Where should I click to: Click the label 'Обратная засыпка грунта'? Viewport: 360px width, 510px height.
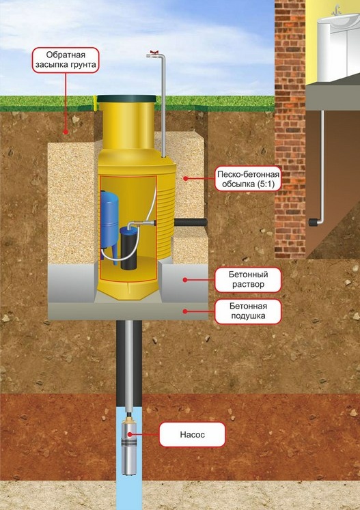[x=66, y=60]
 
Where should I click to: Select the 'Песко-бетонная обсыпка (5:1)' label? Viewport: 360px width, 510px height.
[x=248, y=179]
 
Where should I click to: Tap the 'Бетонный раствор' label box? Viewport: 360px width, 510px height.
[x=248, y=280]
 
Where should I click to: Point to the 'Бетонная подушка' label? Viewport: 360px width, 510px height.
[x=248, y=311]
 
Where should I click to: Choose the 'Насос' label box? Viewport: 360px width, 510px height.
[x=192, y=434]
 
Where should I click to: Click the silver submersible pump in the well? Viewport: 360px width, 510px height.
[x=129, y=447]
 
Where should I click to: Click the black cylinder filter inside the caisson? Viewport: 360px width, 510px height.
[x=128, y=248]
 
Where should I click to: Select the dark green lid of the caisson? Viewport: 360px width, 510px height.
[x=126, y=99]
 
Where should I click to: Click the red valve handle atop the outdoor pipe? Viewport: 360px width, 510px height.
[x=154, y=52]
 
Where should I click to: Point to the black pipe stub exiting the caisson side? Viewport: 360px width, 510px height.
[x=191, y=223]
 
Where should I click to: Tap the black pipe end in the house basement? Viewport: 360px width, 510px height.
[x=313, y=223]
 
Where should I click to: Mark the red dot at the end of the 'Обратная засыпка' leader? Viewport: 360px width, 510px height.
[x=66, y=132]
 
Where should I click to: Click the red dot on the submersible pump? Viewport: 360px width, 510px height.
[x=130, y=434]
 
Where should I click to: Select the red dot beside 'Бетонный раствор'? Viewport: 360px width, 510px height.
[x=185, y=280]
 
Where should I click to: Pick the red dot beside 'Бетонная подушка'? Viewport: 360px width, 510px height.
[x=185, y=311]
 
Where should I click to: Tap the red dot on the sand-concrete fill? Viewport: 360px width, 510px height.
[x=185, y=178]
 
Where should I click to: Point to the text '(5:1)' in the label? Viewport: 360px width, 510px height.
[x=265, y=184]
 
